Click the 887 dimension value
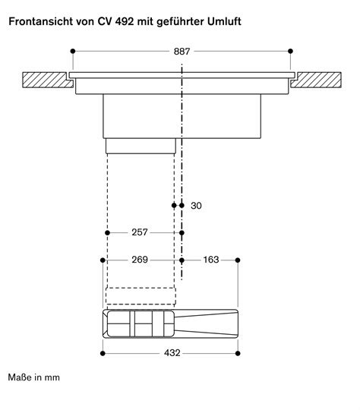click(181, 52)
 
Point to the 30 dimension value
click(197, 206)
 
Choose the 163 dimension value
click(210, 260)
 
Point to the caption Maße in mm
click(33, 377)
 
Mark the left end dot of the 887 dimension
click(72, 52)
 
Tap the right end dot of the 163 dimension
click(238, 260)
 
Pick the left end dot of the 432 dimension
click(103, 352)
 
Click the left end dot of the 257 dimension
click(108, 232)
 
